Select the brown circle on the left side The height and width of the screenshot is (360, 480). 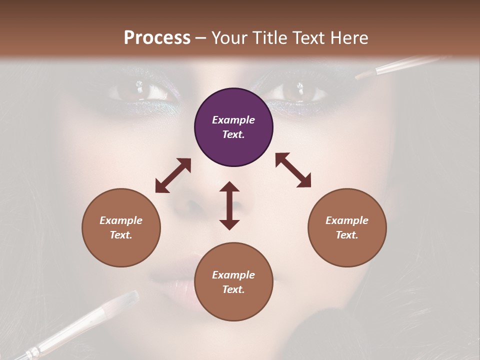click(x=121, y=227)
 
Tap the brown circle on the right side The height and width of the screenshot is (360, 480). click(x=347, y=227)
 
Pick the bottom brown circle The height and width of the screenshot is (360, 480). click(x=233, y=282)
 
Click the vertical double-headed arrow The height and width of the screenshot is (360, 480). click(x=229, y=205)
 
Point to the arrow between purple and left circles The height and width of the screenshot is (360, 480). click(x=173, y=175)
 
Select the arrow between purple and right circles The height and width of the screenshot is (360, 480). click(x=293, y=170)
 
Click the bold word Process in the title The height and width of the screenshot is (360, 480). click(x=157, y=37)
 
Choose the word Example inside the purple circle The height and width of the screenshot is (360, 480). click(x=233, y=120)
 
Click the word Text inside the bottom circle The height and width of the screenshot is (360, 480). click(x=233, y=289)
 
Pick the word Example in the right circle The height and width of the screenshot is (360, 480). click(x=347, y=220)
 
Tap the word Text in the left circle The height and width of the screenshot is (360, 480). click(x=121, y=235)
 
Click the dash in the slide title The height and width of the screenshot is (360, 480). click(x=201, y=38)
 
